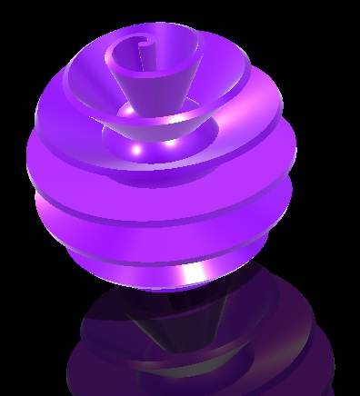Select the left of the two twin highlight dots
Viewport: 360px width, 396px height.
click(136, 147)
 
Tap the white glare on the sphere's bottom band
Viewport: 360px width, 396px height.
click(193, 273)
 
